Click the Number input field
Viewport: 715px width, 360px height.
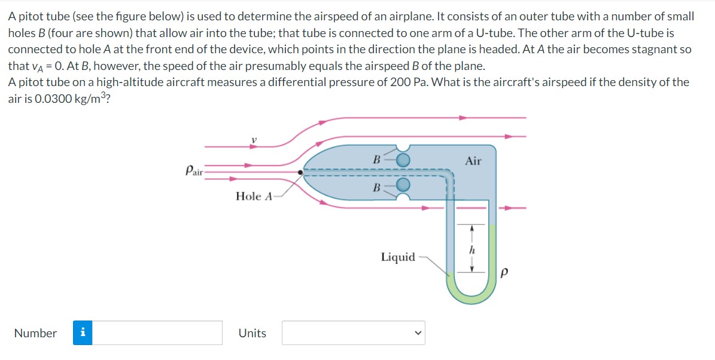coord(157,333)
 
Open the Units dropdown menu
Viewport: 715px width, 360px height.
coord(353,333)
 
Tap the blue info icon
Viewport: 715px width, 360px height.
coord(83,333)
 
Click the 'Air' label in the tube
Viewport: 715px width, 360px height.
coord(473,161)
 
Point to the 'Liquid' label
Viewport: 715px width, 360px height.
coord(398,257)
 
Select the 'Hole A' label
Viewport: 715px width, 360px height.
coord(254,196)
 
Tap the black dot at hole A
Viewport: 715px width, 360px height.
coord(302,173)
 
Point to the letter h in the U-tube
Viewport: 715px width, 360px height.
coord(471,249)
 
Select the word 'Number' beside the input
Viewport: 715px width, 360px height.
coord(35,334)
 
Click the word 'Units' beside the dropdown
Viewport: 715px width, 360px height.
coord(252,334)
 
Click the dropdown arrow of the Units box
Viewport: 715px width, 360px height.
coord(419,333)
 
